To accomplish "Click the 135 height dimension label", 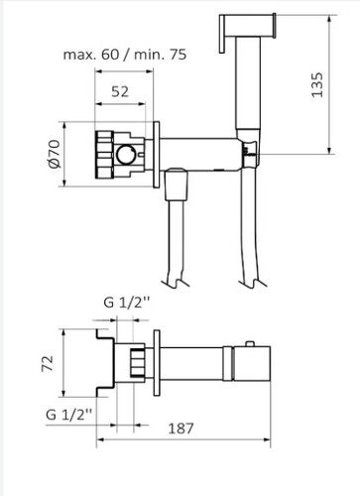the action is (x=317, y=84).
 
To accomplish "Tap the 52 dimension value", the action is (x=120, y=91).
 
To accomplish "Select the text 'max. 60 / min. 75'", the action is (x=125, y=55).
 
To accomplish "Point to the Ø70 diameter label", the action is (x=55, y=154).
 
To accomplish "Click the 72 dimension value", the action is (x=48, y=363).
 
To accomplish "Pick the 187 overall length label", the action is (x=180, y=429).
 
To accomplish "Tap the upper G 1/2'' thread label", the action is (x=127, y=303).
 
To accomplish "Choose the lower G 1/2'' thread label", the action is (x=68, y=415).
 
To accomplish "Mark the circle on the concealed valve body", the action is (x=126, y=155).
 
